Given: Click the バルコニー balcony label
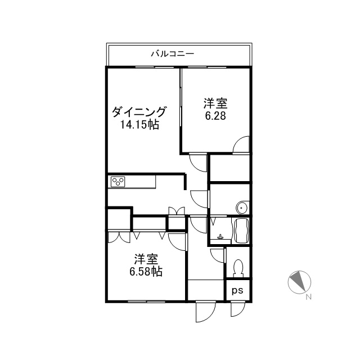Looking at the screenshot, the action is click(173, 54).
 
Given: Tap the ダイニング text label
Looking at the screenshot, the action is click(139, 112).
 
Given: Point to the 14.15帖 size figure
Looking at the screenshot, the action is click(139, 125).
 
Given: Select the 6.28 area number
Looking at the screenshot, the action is click(215, 116).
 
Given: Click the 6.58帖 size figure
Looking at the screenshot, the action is click(146, 272).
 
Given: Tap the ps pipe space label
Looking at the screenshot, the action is click(237, 291).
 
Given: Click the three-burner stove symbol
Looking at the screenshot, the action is click(118, 182).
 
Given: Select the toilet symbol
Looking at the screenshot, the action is click(238, 268).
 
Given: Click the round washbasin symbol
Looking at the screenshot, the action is click(241, 208).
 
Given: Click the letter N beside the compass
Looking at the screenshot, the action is click(309, 297).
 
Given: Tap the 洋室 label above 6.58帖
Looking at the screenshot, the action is click(146, 259).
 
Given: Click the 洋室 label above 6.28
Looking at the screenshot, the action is click(215, 103).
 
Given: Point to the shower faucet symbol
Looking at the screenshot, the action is click(220, 237).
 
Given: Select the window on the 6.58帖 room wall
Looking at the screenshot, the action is click(146, 301).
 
